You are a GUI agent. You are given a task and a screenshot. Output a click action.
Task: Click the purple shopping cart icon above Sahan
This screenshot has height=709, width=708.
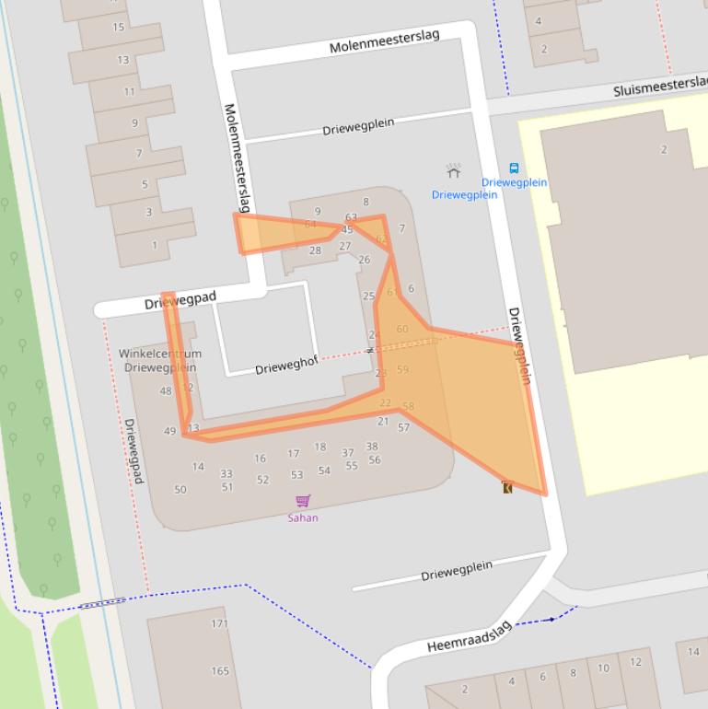tap(303, 501)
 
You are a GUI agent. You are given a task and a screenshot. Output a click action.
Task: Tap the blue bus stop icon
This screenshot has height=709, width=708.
tap(514, 169)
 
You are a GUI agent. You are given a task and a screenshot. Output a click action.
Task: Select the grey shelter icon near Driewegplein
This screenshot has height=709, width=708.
tap(453, 171)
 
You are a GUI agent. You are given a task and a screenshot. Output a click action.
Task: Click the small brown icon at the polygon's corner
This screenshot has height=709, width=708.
tap(507, 487)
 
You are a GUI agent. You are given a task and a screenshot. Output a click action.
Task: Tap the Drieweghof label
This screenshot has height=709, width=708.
tap(286, 366)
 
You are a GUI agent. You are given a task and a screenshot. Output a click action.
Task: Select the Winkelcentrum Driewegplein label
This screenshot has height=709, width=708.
tap(160, 360)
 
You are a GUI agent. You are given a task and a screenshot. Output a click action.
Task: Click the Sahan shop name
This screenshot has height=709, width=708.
tap(303, 517)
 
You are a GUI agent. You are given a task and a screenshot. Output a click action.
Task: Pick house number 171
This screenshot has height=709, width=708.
tap(219, 623)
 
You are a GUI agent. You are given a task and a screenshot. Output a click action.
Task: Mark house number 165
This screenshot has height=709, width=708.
tap(219, 670)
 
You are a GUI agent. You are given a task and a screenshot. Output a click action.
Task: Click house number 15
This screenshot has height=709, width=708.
tap(118, 27)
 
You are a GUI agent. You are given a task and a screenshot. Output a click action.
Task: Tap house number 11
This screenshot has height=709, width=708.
tap(129, 91)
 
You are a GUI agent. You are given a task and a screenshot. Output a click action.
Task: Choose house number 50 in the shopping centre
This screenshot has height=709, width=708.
tap(180, 489)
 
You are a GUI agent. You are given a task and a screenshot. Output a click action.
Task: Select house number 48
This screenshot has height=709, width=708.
tap(166, 390)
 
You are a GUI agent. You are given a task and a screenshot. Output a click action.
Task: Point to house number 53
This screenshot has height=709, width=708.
tap(296, 475)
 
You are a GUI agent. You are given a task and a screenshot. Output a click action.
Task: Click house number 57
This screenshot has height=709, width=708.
tap(403, 427)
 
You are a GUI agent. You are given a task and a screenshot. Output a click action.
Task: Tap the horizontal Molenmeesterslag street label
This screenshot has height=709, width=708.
tap(384, 41)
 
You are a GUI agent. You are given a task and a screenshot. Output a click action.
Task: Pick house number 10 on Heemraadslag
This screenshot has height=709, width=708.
tap(603, 668)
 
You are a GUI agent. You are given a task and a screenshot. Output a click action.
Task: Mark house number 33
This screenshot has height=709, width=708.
tap(226, 473)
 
